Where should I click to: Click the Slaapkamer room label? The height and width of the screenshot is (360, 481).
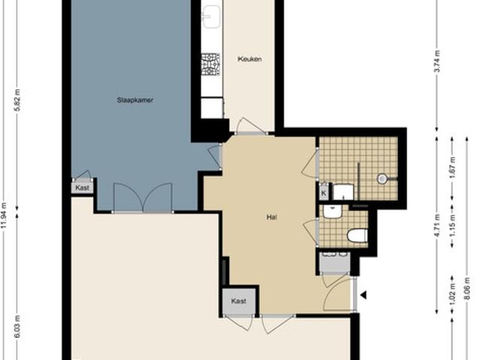pos(135,99)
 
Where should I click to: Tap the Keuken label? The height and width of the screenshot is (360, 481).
pos(250,59)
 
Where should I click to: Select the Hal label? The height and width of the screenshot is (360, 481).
pos(272,218)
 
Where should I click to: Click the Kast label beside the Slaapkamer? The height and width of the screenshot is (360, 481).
pos(83,187)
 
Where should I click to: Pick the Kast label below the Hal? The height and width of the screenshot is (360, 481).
pos(239,301)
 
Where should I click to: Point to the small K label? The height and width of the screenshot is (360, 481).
pos(323,193)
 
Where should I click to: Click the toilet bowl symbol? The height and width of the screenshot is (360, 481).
pos(356,236)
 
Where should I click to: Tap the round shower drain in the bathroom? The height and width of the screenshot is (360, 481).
pos(382,179)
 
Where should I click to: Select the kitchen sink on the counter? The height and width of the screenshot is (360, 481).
pos(211,15)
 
